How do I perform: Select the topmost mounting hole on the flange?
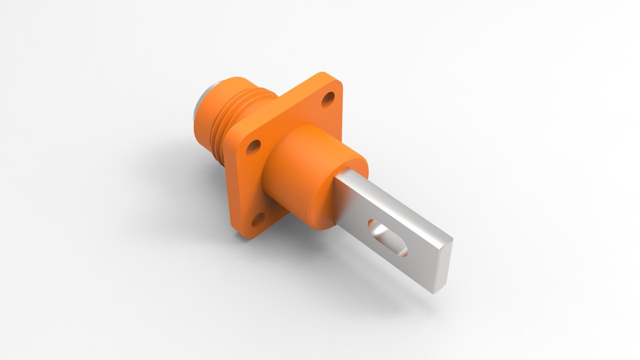pyautogui.click(x=328, y=101)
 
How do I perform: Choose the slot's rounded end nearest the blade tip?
pyautogui.click(x=402, y=247)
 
